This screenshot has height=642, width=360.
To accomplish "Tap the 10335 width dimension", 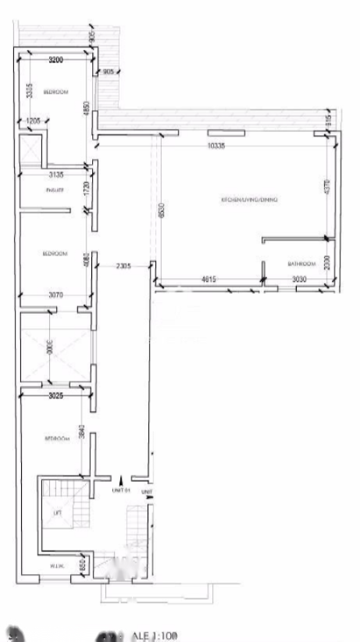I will (216, 145).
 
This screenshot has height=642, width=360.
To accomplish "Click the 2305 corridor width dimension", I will (123, 266).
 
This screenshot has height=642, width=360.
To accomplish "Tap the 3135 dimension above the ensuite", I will (54, 175).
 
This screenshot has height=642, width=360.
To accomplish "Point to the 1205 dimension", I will (33, 120).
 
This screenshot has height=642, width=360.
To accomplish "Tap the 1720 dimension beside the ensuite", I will (87, 187).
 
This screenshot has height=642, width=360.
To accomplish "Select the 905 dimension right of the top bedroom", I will (108, 72).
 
